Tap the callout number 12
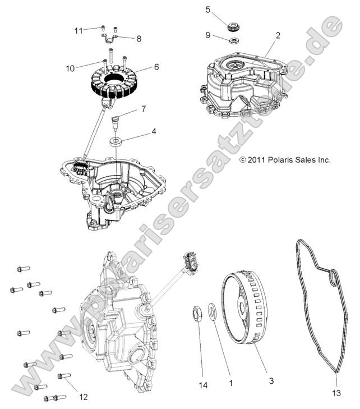[83, 397]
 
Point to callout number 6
[156, 66]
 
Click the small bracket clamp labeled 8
[112, 39]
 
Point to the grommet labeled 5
[231, 26]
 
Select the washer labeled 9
[232, 40]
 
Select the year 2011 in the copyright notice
[256, 160]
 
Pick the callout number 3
[271, 381]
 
